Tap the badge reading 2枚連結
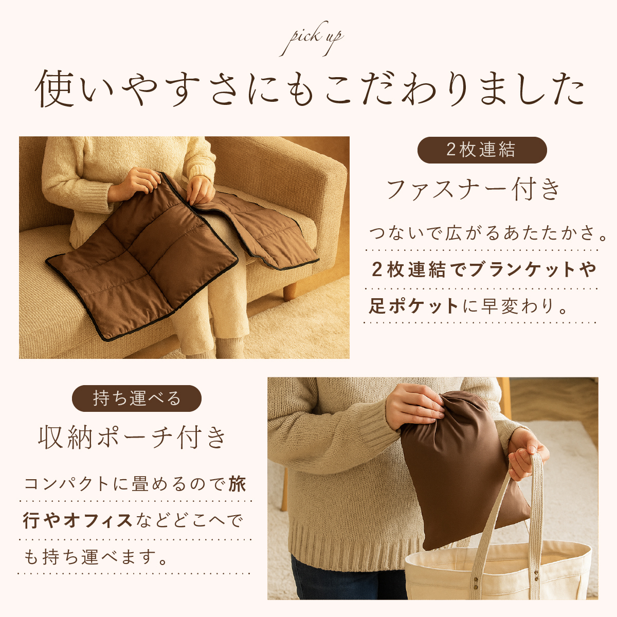tap(482, 150)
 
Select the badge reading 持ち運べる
tap(137, 398)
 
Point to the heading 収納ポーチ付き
tap(132, 438)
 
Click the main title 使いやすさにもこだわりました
tap(310, 88)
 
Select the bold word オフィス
tap(98, 520)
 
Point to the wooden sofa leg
tap(290, 291)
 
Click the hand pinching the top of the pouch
tap(415, 406)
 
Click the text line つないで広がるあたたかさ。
tap(488, 233)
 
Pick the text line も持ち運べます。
tap(96, 557)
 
